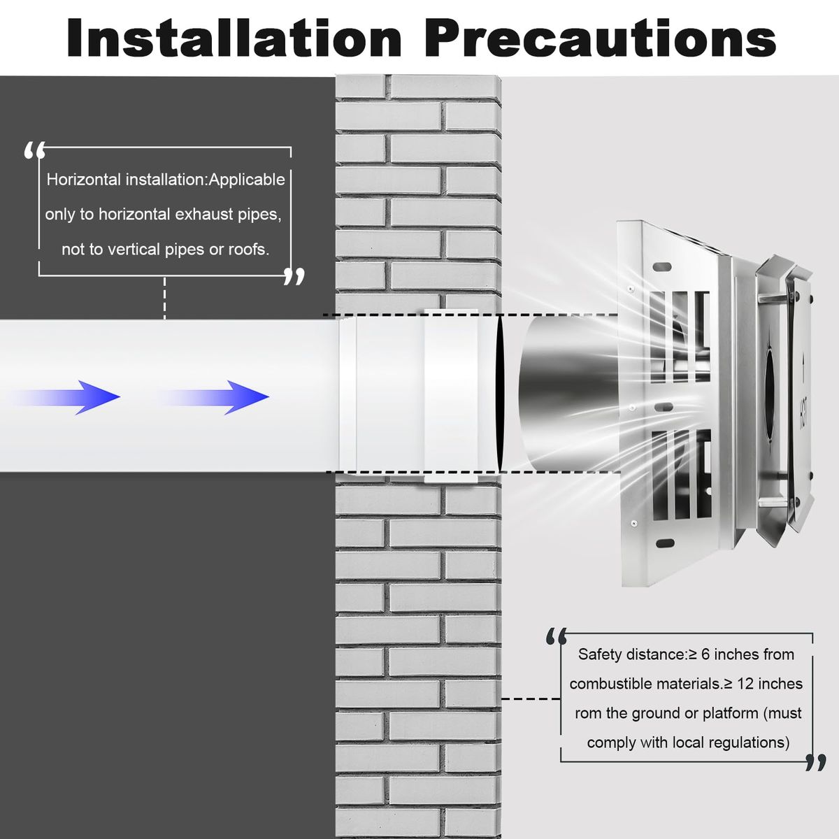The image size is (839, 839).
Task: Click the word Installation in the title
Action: click(234, 38)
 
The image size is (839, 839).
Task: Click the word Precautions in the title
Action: click(604, 38)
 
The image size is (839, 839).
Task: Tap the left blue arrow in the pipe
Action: click(65, 397)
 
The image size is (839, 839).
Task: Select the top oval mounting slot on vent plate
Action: click(662, 266)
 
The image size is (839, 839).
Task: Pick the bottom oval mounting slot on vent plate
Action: click(666, 544)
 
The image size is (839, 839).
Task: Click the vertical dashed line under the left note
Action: click(164, 298)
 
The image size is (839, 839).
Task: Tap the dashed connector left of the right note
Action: click(531, 698)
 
